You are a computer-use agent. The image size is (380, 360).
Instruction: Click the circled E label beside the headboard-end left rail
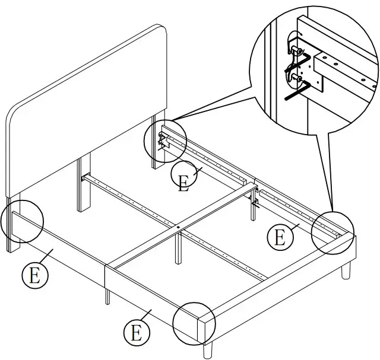pyautogui.click(x=35, y=276)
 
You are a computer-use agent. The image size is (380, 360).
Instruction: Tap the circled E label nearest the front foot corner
pyautogui.click(x=137, y=332)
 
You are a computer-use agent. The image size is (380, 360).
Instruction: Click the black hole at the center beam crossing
pyautogui.click(x=179, y=226)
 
